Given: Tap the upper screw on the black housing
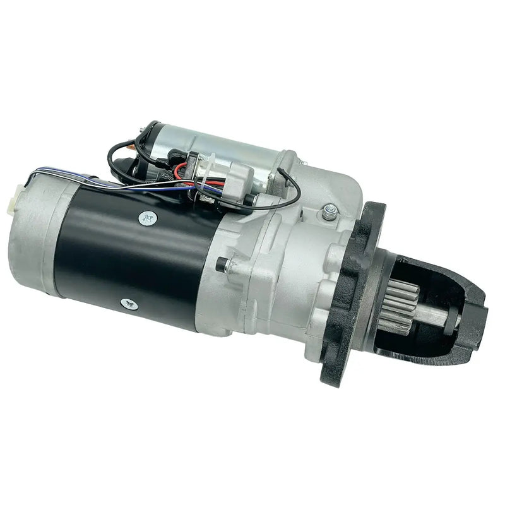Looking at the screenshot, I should coord(147,218).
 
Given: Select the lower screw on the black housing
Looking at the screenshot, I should coord(129,304).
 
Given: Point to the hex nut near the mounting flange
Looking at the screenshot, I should coord(328,213).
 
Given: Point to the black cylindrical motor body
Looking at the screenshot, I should coord(133,259).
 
